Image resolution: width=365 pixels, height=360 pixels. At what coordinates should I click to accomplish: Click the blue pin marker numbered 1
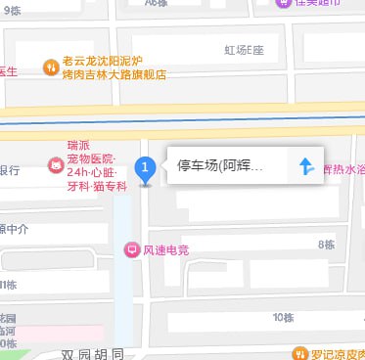146,170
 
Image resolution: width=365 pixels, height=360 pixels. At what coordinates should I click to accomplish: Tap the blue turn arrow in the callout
306,167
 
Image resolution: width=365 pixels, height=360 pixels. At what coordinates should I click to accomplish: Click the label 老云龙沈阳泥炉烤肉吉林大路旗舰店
114,67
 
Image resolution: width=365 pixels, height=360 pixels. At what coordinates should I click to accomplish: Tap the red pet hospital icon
53,167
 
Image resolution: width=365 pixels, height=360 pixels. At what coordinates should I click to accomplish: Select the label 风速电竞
165,250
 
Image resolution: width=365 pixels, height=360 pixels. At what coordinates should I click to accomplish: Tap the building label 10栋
283,317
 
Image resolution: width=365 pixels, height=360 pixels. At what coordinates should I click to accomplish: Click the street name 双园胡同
93,353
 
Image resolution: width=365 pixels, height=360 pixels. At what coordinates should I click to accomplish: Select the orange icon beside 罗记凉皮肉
298,352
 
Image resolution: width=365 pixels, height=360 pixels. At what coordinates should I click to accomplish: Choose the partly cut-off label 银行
9,170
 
